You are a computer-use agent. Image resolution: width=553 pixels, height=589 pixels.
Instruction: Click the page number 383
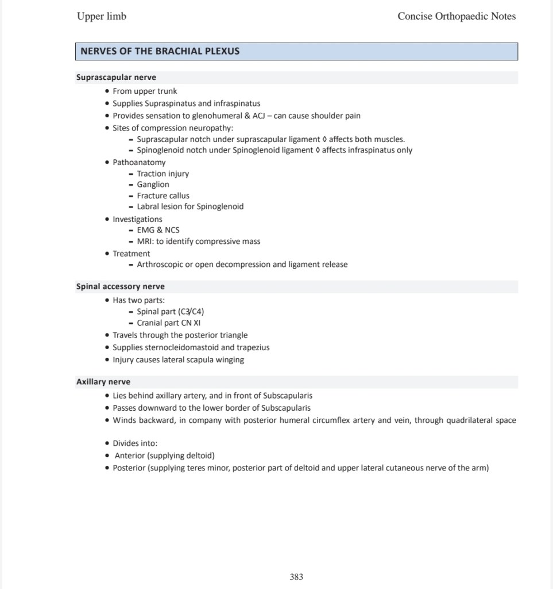(x=296, y=576)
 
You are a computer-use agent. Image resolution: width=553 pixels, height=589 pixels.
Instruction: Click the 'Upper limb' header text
(x=102, y=16)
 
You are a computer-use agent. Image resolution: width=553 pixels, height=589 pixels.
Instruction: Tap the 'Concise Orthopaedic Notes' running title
(x=457, y=16)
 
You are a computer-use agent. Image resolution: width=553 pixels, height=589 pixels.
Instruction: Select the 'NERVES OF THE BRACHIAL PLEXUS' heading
(x=160, y=51)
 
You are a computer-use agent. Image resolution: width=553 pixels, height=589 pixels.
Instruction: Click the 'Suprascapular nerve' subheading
(x=116, y=77)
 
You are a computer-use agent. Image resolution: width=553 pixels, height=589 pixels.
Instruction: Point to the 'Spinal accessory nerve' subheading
(x=121, y=286)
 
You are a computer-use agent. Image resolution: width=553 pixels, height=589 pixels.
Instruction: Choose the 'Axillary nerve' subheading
(x=103, y=382)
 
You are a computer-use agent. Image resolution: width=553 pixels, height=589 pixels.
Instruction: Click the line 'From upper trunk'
(x=145, y=91)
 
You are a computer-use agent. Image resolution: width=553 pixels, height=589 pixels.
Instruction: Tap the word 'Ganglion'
(x=153, y=185)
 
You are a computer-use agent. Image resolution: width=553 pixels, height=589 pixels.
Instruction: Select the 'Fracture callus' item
(x=163, y=196)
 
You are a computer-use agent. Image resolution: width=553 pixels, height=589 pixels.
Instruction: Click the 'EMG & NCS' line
(x=158, y=230)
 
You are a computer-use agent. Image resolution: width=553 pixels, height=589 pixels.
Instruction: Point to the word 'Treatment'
(x=132, y=254)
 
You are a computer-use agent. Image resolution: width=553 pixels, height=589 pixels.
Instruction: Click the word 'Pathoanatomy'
(x=139, y=162)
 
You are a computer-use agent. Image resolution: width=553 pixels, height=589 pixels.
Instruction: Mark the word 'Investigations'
(x=137, y=219)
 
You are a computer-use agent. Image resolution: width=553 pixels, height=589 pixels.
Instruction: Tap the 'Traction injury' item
(x=163, y=174)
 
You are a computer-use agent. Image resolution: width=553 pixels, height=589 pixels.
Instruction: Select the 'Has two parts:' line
(x=139, y=300)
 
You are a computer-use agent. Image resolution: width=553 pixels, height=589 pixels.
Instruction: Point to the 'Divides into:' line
(x=135, y=443)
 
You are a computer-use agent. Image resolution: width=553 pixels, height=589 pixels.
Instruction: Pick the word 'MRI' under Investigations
(x=144, y=242)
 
